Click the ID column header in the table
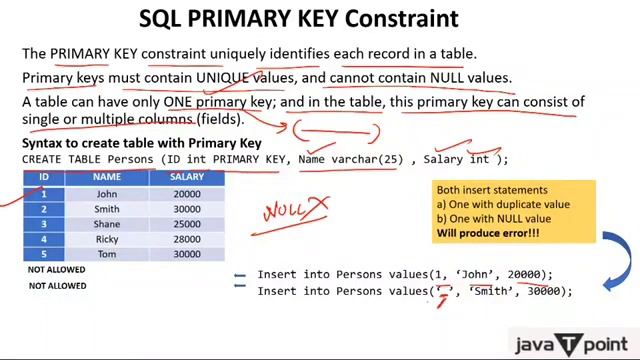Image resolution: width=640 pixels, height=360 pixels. click(x=44, y=177)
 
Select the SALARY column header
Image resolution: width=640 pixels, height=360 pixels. click(x=186, y=177)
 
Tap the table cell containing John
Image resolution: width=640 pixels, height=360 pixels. click(x=108, y=194)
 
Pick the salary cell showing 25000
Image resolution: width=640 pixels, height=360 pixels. click(x=186, y=225)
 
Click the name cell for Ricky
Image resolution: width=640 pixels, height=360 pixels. click(x=108, y=240)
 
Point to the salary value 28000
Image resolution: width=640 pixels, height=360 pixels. click(x=186, y=240)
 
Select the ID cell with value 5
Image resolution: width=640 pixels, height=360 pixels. click(x=44, y=255)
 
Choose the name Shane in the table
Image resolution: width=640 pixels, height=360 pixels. click(x=108, y=225)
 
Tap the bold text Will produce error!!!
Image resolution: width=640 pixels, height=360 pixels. click(x=487, y=233)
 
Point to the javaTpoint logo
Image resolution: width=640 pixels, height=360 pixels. click(x=570, y=343)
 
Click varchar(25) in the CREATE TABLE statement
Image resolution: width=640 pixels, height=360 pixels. click(x=376, y=159)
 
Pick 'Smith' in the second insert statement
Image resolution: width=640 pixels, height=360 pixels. click(x=490, y=291)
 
